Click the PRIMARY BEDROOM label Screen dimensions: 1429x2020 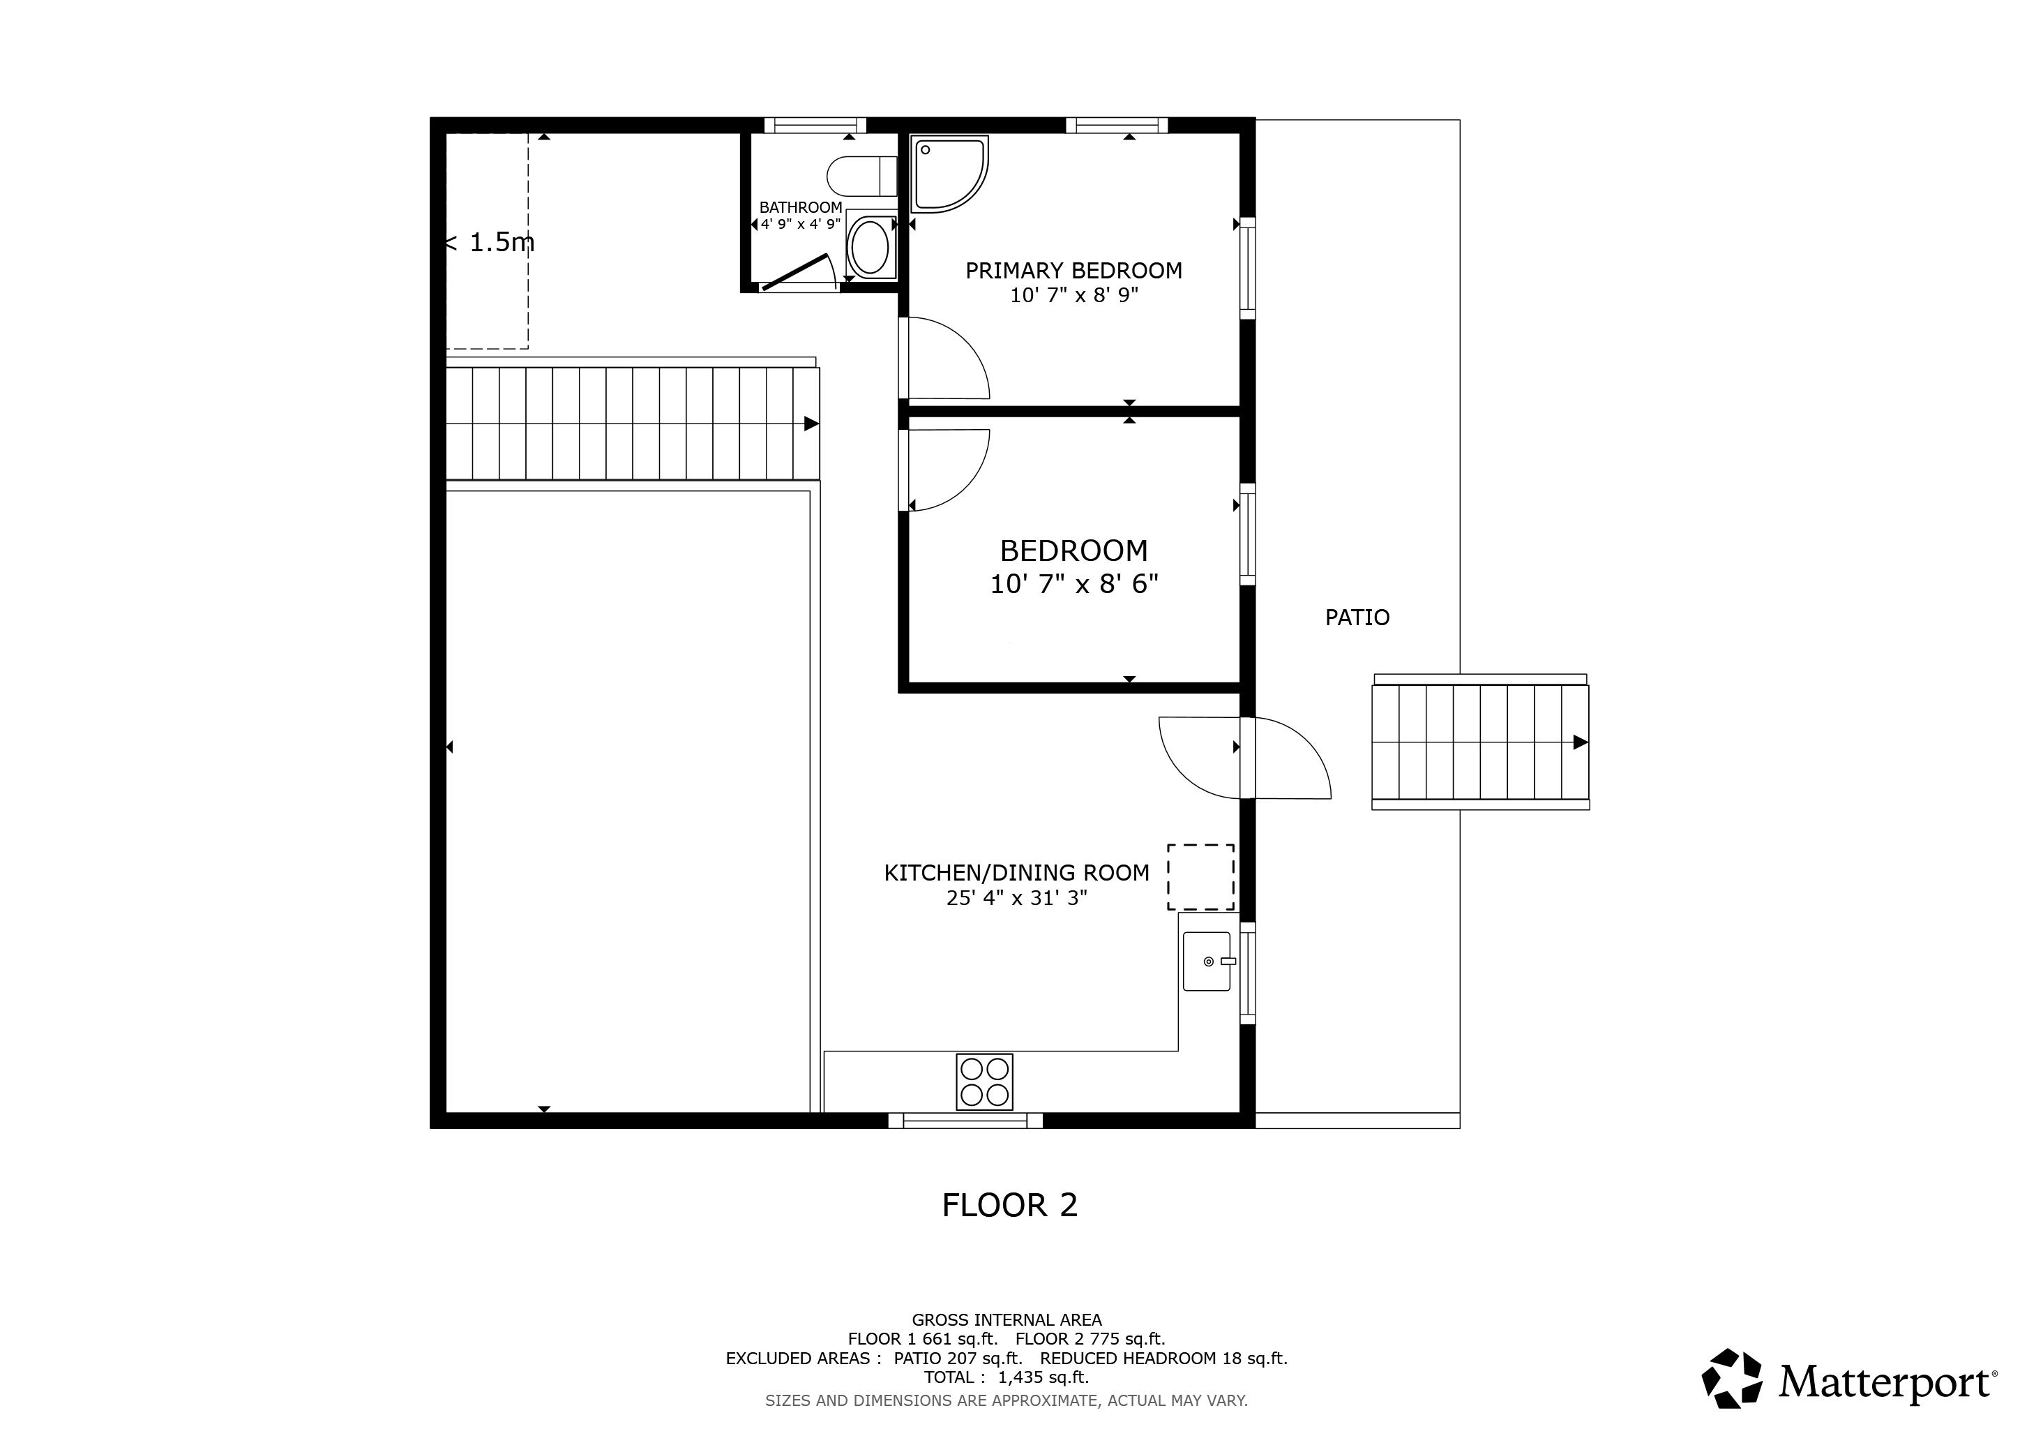pyautogui.click(x=1073, y=270)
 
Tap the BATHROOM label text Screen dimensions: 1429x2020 pyautogui.click(x=800, y=208)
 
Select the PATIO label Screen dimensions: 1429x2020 pyautogui.click(x=1357, y=618)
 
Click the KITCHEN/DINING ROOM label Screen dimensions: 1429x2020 pyautogui.click(x=1016, y=873)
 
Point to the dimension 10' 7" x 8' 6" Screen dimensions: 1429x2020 pyautogui.click(x=1073, y=583)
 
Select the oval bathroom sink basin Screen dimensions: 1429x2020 pyautogui.click(x=870, y=247)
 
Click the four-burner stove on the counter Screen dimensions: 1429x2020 pyautogui.click(x=983, y=1082)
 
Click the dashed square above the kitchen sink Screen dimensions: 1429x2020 pyautogui.click(x=1200, y=877)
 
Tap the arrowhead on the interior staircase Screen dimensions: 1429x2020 pyautogui.click(x=811, y=424)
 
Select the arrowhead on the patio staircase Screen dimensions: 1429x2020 pyautogui.click(x=1580, y=742)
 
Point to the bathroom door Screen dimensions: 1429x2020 pyautogui.click(x=795, y=272)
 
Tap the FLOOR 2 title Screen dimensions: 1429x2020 pyautogui.click(x=1009, y=1204)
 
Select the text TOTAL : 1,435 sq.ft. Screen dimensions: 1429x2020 pyautogui.click(x=1006, y=1377)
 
